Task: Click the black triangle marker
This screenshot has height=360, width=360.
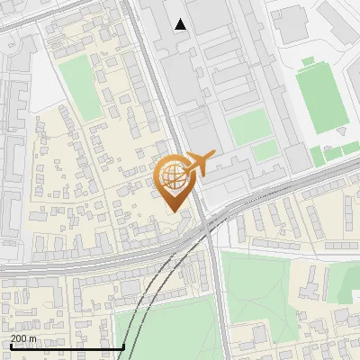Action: point(181,24)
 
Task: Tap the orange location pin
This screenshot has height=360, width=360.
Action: point(173,184)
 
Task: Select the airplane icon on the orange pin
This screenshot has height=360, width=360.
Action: point(200,163)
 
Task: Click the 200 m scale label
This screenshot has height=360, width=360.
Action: point(23,338)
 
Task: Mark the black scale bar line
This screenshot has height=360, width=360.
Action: point(67,346)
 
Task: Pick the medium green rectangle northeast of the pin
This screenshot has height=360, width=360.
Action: point(249,127)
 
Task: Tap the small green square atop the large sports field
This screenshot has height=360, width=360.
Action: point(308,61)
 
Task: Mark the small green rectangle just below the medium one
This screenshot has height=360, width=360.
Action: point(264,151)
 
